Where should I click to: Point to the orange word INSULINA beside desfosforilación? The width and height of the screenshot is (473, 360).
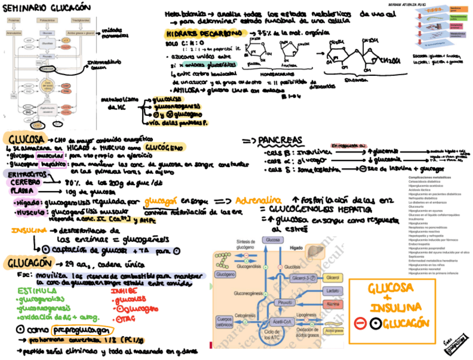click(x=28, y=230)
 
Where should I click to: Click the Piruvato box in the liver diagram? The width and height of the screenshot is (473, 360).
click(x=286, y=302)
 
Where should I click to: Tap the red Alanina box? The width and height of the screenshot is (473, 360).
click(x=332, y=304)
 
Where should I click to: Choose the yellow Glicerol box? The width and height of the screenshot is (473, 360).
click(x=332, y=278)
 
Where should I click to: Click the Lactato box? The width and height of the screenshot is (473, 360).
click(x=332, y=291)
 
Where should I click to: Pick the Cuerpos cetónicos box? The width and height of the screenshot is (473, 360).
click(x=225, y=322)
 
